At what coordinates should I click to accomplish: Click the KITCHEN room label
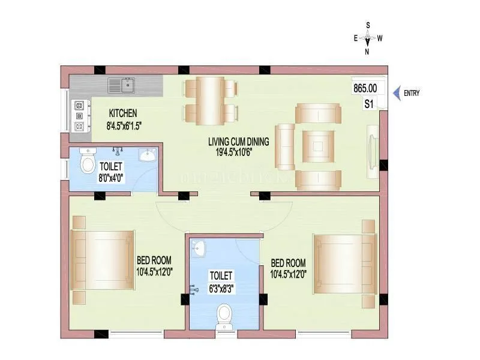(x=123, y=113)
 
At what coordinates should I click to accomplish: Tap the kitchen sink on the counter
(x=121, y=86)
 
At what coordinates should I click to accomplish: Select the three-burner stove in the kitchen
(x=79, y=116)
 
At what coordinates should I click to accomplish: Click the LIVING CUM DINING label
(x=238, y=142)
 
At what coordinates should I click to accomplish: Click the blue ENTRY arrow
(x=396, y=93)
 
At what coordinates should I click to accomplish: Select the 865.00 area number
(x=365, y=88)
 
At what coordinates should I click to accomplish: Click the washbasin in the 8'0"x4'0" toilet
(x=147, y=156)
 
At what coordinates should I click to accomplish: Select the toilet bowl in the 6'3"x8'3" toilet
(x=225, y=313)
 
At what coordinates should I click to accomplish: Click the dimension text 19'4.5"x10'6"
(x=238, y=152)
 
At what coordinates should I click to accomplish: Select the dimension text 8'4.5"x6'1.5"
(x=124, y=125)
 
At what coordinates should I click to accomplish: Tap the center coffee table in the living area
(x=317, y=144)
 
